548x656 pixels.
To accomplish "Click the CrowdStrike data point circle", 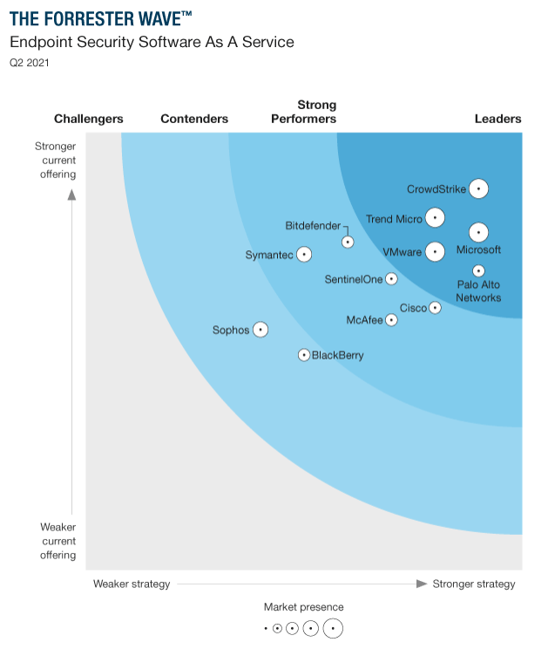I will click(478, 188).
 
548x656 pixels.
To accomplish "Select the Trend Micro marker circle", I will click(435, 219).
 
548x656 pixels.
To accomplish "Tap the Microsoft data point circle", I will click(478, 233).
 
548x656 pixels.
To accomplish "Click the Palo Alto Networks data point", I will click(478, 271).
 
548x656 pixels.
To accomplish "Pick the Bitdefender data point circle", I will click(348, 242).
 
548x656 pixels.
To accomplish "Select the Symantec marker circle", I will click(304, 255).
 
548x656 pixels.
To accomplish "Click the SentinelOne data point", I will click(391, 279).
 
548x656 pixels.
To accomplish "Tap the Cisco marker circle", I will click(436, 308).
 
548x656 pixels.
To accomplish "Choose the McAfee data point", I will click(391, 320).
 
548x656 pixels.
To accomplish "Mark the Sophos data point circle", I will click(260, 330).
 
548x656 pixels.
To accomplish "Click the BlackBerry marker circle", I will click(304, 355).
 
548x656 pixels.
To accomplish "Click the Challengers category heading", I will click(89, 119).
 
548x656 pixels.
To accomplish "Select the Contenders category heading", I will click(194, 119).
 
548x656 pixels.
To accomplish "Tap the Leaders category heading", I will click(497, 119).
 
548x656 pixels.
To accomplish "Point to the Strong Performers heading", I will click(303, 112).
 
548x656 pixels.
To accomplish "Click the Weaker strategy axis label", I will click(132, 584).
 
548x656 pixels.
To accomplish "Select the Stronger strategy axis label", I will click(474, 584).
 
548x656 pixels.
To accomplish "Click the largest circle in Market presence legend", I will click(333, 628).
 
